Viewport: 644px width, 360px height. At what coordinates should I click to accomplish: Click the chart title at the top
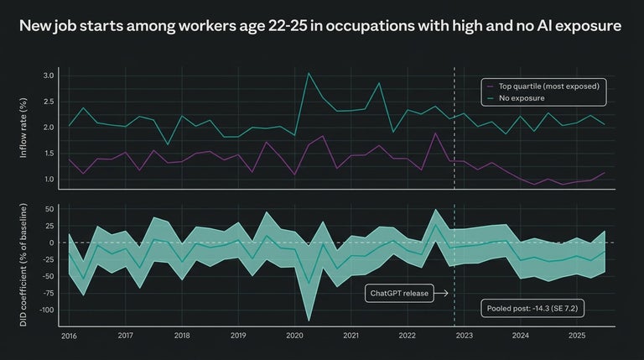(x=321, y=27)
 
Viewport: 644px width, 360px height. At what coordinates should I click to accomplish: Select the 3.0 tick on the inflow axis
(x=48, y=76)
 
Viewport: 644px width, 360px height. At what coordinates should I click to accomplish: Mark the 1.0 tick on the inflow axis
(x=48, y=179)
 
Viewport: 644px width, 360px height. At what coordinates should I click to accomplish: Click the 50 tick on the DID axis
(x=49, y=209)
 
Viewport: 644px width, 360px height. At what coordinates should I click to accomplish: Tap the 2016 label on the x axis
(x=69, y=336)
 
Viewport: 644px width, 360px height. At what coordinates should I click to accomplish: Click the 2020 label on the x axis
(x=294, y=336)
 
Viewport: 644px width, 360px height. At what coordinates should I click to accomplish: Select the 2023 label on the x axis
(x=464, y=336)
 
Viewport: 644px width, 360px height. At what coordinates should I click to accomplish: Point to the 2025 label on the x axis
(x=577, y=336)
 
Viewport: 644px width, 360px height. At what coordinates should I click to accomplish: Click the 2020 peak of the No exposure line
(x=309, y=73)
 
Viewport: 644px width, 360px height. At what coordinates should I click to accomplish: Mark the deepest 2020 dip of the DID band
(x=309, y=320)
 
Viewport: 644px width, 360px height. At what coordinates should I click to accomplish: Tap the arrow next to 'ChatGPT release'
(x=441, y=293)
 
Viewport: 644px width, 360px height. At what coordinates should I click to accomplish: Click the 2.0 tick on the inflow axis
(x=48, y=128)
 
